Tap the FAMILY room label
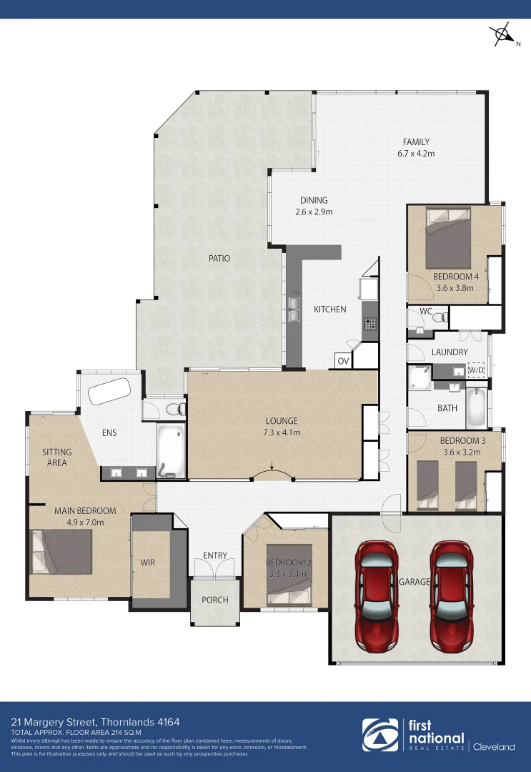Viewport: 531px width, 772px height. (416, 147)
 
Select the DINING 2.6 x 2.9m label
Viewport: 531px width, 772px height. (314, 206)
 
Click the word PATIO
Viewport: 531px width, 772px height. (220, 258)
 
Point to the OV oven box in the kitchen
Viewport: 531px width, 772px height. (343, 361)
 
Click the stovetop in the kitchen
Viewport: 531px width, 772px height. (370, 323)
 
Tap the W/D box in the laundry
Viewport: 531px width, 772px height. (475, 370)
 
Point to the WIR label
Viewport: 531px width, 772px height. (147, 563)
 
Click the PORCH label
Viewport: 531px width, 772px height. (214, 600)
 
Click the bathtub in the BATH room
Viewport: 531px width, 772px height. (476, 407)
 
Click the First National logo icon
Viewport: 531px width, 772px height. (381, 736)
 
